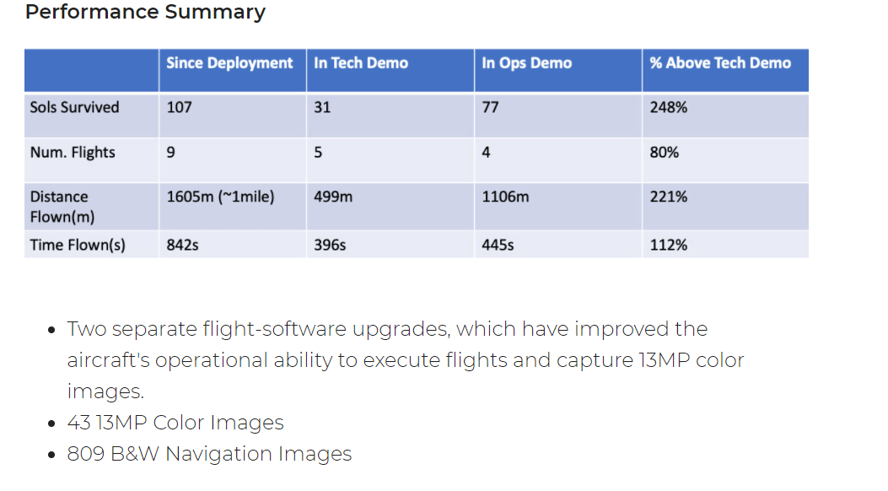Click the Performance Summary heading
(145, 13)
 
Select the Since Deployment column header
(229, 63)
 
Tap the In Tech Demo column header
(361, 63)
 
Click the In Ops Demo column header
(526, 63)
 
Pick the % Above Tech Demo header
(720, 63)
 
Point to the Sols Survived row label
(74, 107)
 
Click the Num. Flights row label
(73, 153)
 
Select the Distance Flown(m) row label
(62, 207)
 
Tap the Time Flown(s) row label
(78, 245)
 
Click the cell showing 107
(179, 107)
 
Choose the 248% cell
(669, 107)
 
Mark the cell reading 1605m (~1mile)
(220, 197)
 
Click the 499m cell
(333, 197)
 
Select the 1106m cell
(505, 197)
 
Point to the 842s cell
(182, 245)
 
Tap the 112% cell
(669, 245)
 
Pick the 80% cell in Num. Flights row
(665, 153)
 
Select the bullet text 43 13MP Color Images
(175, 423)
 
